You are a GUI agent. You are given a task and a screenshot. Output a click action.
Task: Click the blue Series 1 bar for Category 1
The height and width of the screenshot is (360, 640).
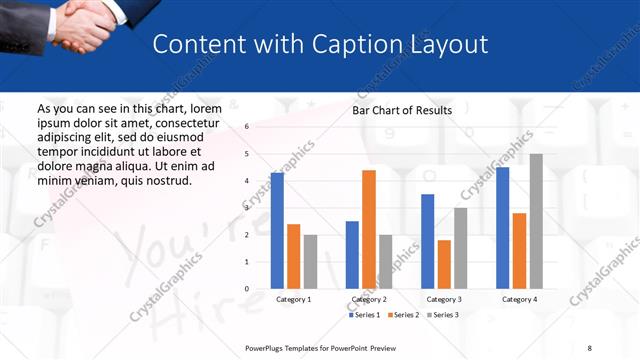click(x=277, y=231)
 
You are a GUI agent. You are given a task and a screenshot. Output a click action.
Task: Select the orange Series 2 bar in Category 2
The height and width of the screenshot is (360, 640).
click(x=369, y=229)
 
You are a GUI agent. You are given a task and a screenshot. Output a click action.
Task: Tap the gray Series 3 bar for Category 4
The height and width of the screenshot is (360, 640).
click(x=536, y=221)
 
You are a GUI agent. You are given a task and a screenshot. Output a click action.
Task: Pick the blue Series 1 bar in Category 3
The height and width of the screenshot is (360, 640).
click(x=428, y=241)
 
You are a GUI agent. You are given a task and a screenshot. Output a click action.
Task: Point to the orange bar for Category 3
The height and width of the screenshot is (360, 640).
click(x=444, y=264)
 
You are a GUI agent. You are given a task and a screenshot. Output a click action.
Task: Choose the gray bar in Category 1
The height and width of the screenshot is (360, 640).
click(x=310, y=262)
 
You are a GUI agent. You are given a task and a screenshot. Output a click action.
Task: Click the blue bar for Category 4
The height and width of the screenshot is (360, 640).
click(x=503, y=228)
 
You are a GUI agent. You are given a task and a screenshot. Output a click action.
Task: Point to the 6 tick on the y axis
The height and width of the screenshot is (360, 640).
click(x=247, y=127)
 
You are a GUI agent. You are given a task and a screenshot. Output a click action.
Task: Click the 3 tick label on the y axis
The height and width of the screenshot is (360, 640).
click(x=247, y=208)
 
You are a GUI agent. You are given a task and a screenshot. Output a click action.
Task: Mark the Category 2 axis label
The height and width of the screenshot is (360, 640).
click(x=368, y=299)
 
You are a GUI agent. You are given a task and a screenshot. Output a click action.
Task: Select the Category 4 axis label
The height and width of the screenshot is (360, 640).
click(x=519, y=299)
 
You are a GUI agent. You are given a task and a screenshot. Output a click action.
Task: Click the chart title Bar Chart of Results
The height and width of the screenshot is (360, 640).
click(x=402, y=110)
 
